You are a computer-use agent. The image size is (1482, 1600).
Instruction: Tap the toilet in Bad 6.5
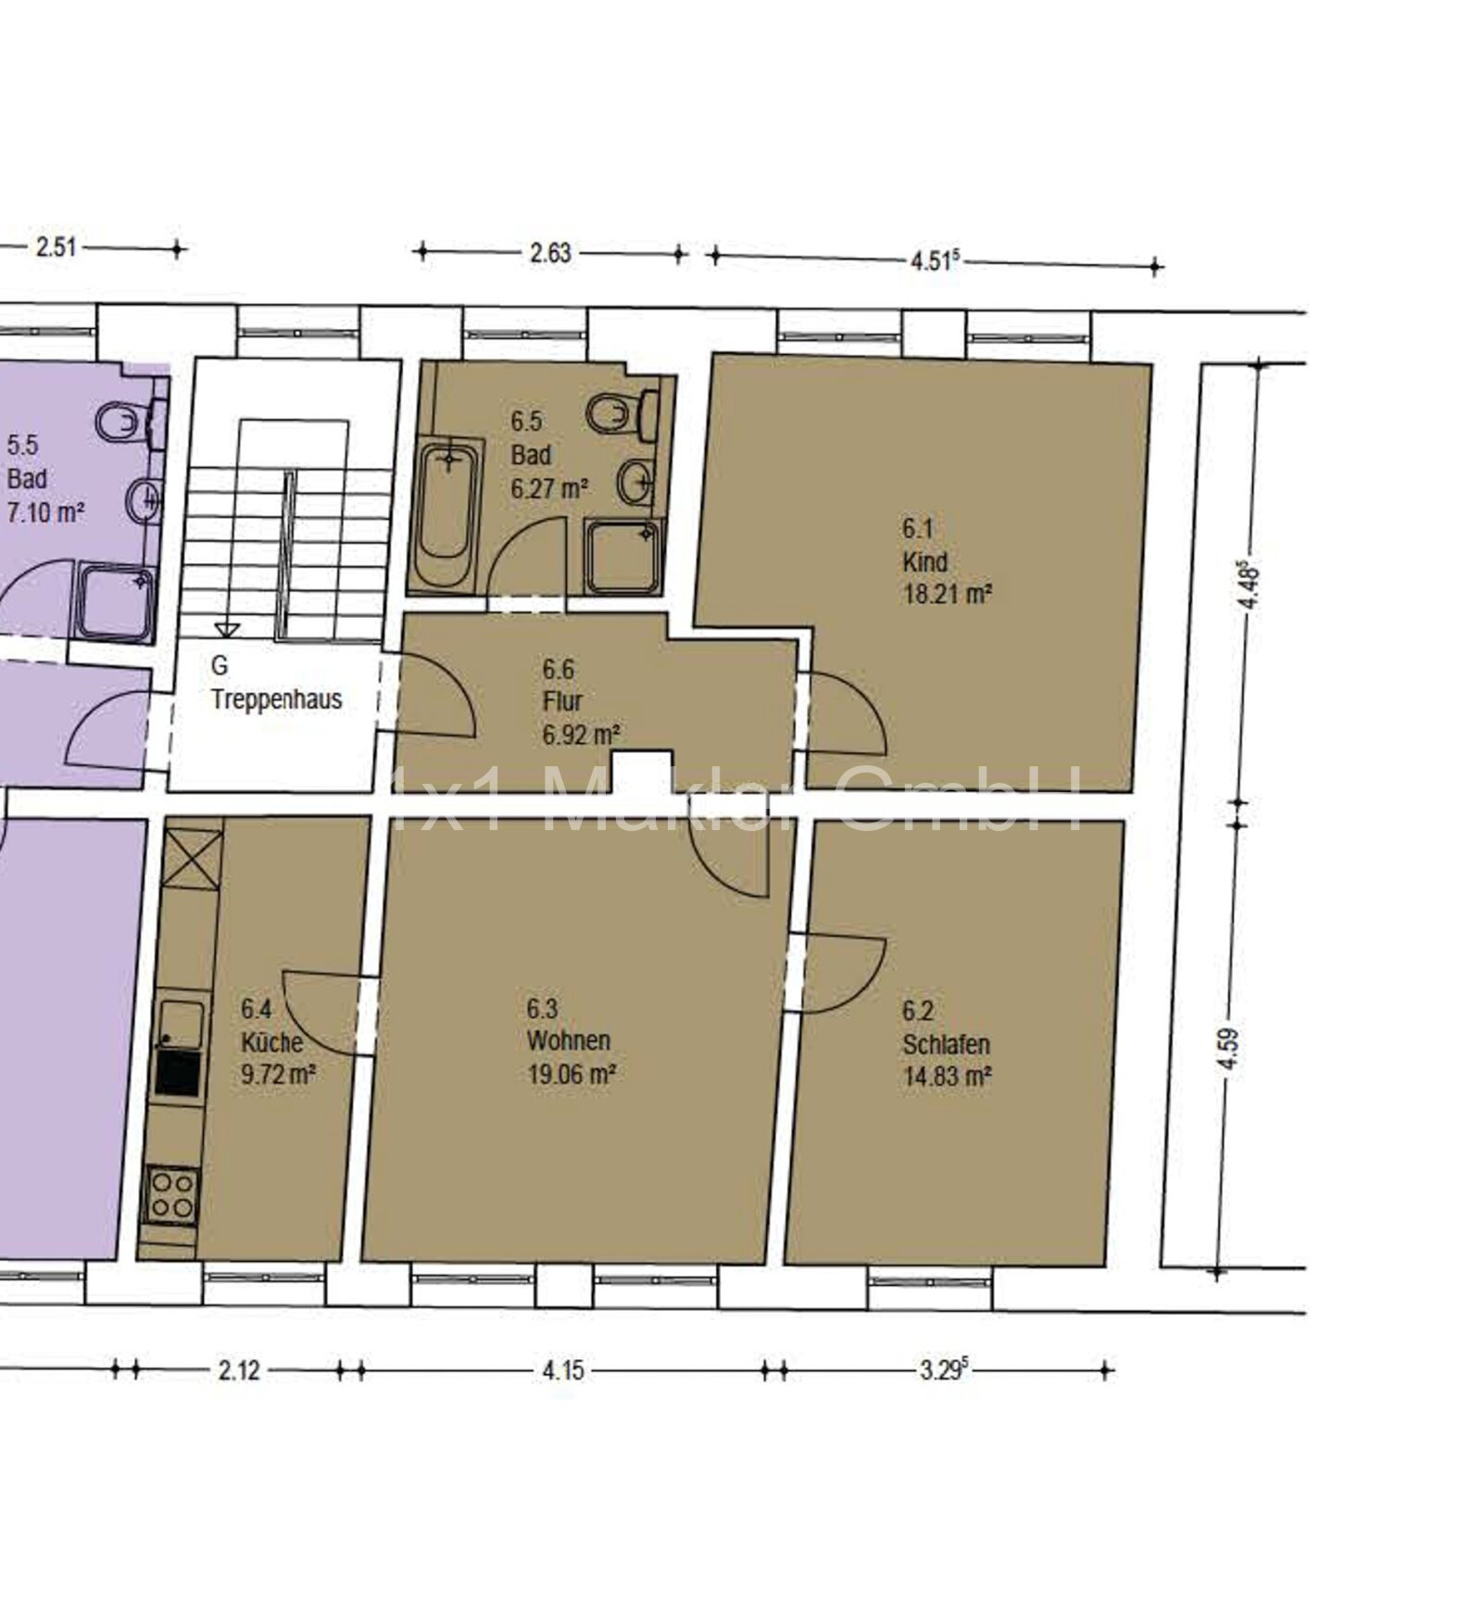point(625,415)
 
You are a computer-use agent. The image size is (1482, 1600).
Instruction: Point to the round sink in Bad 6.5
point(636,480)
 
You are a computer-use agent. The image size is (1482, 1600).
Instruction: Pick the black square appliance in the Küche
point(177,1074)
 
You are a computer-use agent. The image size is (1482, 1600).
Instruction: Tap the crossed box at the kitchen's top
point(194,859)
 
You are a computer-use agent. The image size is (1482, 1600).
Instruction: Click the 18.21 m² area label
point(948,595)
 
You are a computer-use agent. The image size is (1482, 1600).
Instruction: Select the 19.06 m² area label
point(571,1074)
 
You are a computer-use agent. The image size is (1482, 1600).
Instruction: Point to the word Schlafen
point(947,1044)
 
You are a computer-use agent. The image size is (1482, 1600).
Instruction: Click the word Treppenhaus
point(277,699)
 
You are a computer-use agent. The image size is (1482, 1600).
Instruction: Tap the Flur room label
point(562,701)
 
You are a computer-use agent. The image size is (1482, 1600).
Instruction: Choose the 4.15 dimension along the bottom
point(562,1369)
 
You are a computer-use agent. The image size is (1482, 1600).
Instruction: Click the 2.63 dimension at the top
point(550,253)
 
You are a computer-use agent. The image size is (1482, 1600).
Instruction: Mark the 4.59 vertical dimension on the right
point(1229,1049)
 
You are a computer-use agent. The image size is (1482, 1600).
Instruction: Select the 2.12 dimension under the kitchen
point(239,1369)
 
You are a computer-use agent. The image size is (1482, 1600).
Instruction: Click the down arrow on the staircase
point(227,628)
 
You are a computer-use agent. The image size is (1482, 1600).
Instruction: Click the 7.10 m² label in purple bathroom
point(45,512)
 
